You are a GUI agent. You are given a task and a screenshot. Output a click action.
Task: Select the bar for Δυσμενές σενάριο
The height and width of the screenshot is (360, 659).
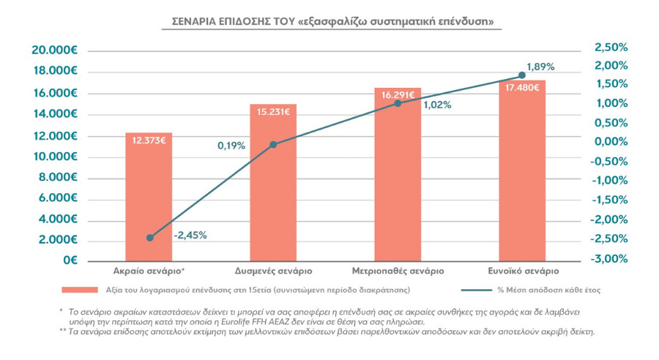coord(273,183)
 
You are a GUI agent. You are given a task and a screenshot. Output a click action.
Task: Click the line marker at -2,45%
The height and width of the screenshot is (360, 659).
coord(150,237)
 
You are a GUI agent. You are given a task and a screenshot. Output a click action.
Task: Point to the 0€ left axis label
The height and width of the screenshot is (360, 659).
coord(70,261)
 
